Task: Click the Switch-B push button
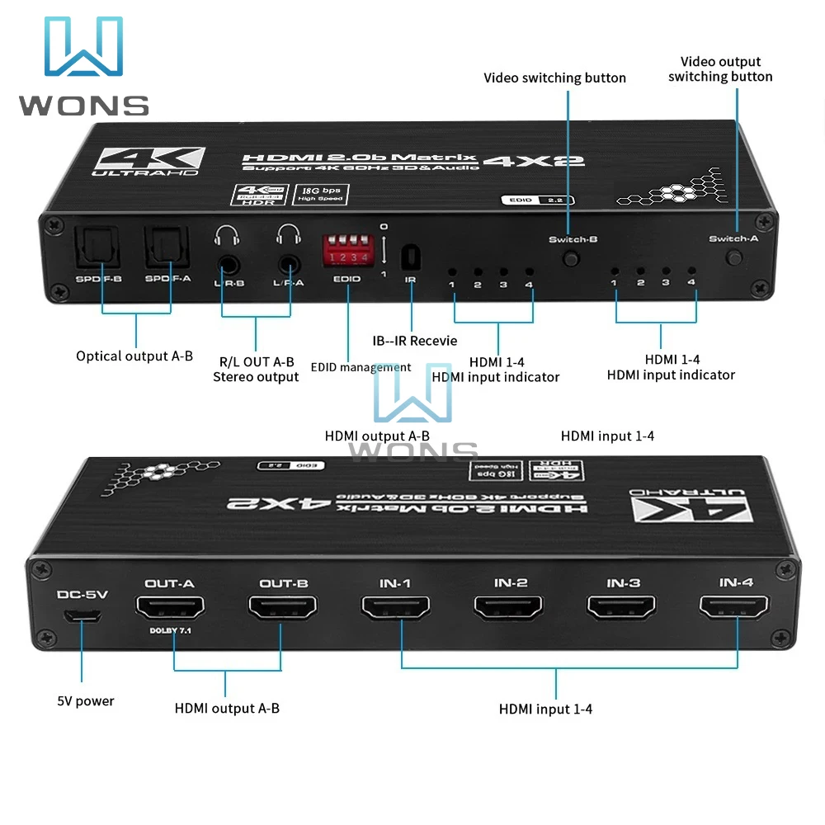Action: (569, 259)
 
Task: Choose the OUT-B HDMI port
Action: (283, 609)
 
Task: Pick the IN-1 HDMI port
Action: (396, 608)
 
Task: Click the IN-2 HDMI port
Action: (509, 608)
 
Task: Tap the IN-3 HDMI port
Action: (622, 608)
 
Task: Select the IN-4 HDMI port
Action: (734, 608)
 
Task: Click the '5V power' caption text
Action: (86, 701)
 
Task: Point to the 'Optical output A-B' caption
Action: (134, 356)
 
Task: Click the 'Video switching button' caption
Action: (554, 78)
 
